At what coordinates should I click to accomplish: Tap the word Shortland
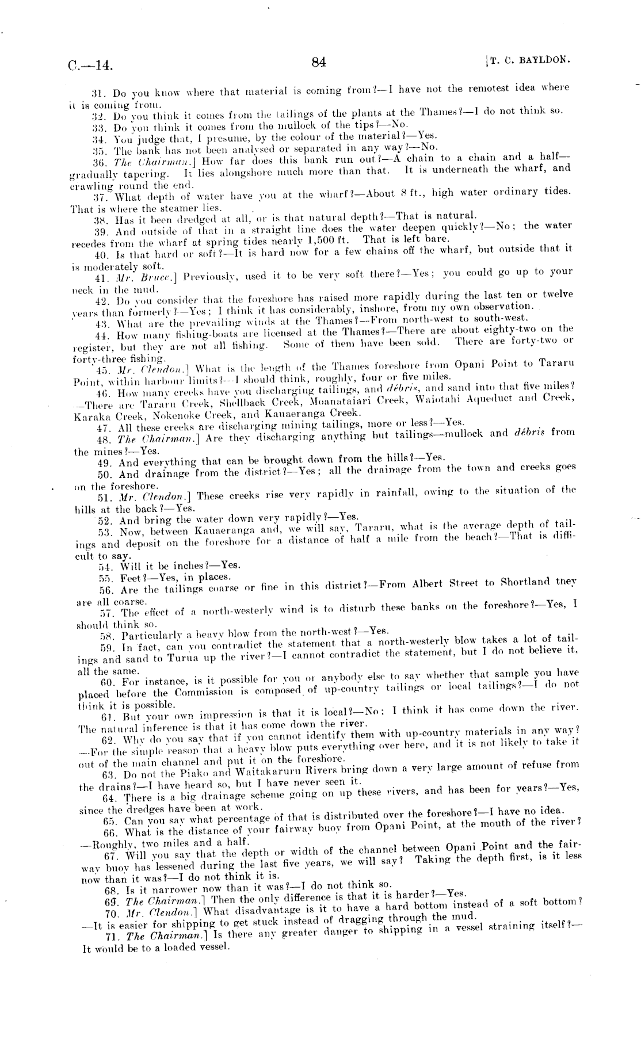tap(528, 583)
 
